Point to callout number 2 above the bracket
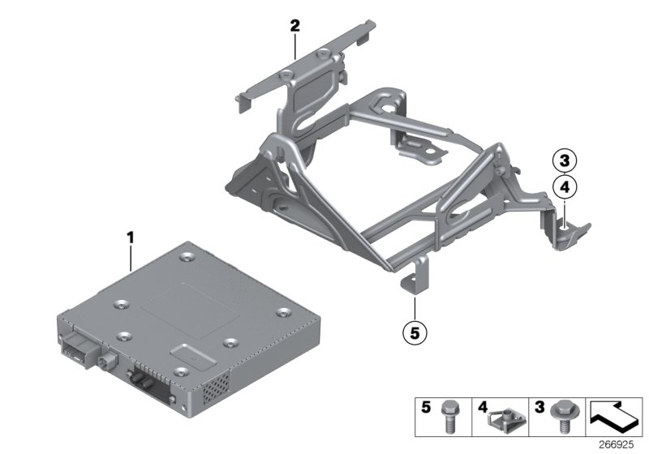point(295,26)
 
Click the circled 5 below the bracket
point(415,331)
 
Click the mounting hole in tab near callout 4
point(561,215)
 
